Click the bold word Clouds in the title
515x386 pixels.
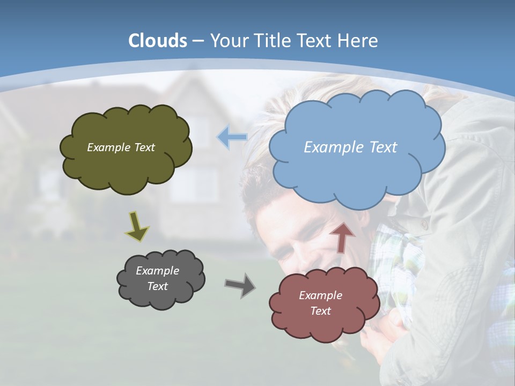click(158, 41)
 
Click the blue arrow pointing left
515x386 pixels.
click(232, 137)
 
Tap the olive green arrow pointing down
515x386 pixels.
click(137, 226)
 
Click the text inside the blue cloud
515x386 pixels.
click(350, 147)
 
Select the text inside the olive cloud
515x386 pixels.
click(121, 147)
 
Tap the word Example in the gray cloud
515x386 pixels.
click(157, 271)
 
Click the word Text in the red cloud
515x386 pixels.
click(320, 311)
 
